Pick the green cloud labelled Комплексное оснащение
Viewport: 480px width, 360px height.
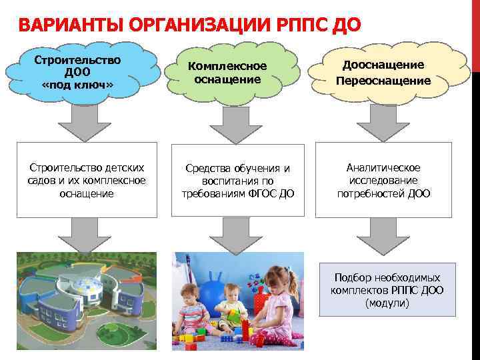(x=227, y=73)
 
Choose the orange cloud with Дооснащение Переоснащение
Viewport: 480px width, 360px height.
(x=383, y=73)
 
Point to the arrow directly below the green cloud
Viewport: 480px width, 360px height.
(x=233, y=124)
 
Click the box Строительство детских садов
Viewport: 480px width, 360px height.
(x=87, y=180)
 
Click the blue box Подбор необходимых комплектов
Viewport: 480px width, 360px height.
(x=387, y=289)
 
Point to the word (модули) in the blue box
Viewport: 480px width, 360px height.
(x=387, y=303)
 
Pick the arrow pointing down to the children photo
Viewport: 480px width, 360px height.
(x=233, y=234)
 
